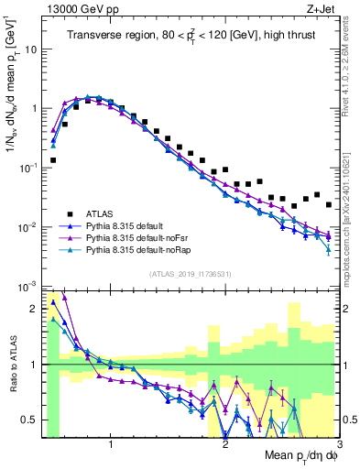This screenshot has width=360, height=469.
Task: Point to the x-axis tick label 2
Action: tap(225, 445)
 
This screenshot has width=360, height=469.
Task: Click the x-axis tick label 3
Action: tap(339, 445)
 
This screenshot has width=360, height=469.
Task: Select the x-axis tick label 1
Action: tap(111, 445)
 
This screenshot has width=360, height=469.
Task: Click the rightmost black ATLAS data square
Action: tap(329, 204)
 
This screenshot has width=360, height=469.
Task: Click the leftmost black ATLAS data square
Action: tap(53, 159)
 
